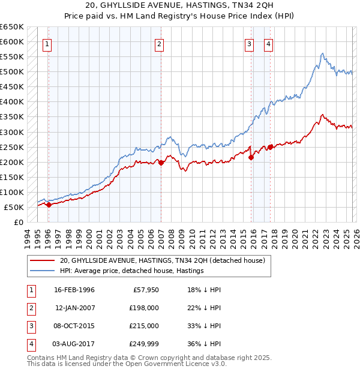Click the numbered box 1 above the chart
tap(47, 43)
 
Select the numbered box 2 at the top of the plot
tap(159, 43)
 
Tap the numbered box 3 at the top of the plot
tap(249, 43)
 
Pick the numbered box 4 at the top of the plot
tap(268, 43)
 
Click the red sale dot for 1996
tap(49, 205)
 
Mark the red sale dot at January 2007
tap(161, 162)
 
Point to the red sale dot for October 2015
tap(251, 157)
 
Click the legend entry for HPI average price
tap(132, 271)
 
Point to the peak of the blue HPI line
tap(323, 53)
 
